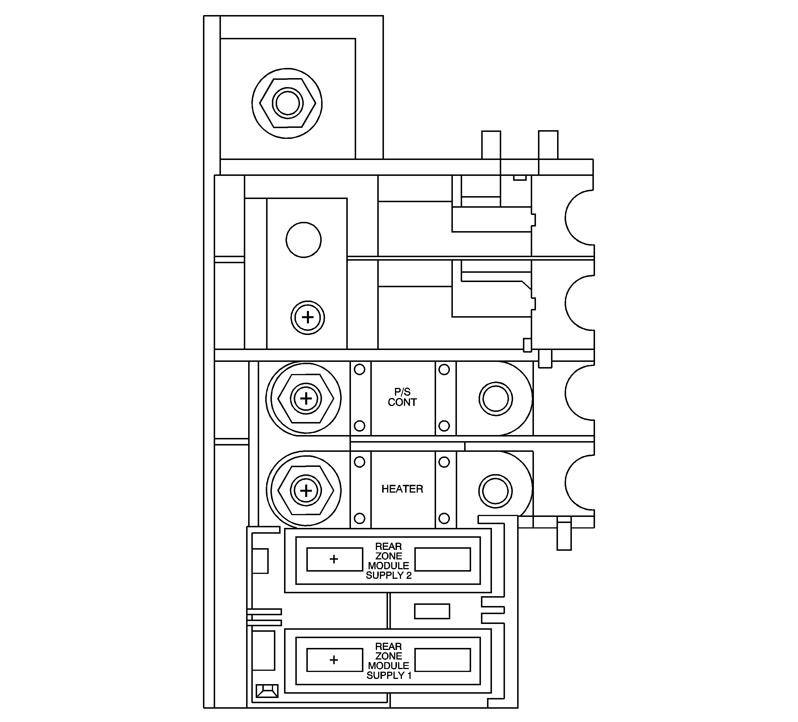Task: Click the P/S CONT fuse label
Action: pos(402,397)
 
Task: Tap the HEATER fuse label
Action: pos(402,489)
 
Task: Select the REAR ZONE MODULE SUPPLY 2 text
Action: pos(389,561)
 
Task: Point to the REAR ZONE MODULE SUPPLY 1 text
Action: pos(389,661)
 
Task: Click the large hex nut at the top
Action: pos(287,103)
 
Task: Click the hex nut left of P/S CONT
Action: pos(305,399)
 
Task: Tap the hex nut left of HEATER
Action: pos(305,490)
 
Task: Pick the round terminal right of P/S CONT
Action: pos(496,399)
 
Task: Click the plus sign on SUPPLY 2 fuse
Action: pos(334,559)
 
